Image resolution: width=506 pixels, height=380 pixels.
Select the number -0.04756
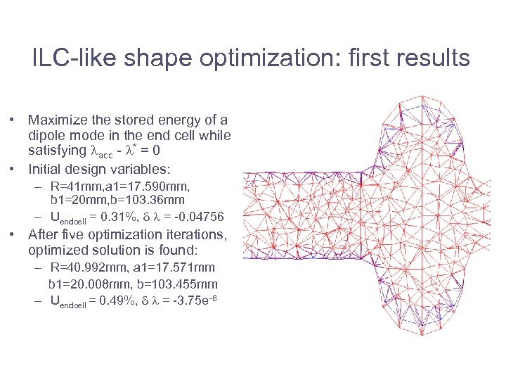200,215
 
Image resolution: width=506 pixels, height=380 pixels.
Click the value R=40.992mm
88,267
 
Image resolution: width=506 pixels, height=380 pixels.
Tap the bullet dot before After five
14,234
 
